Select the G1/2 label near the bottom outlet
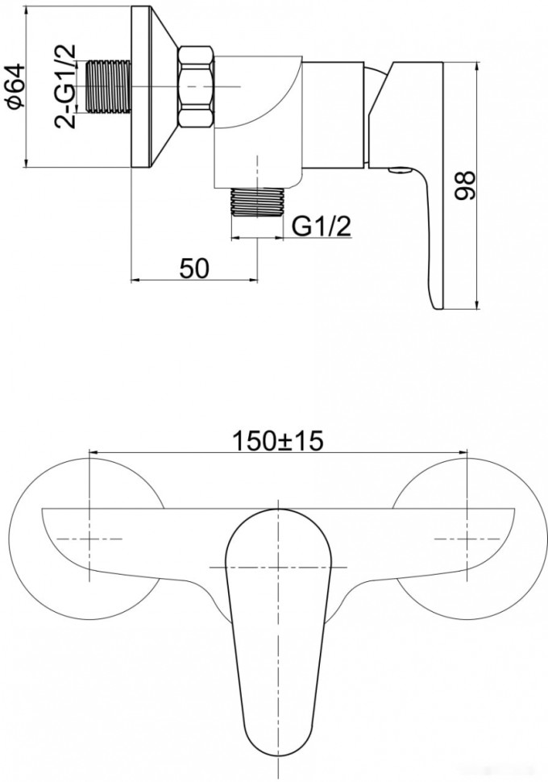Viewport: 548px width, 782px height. point(322,228)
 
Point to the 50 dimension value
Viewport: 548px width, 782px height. point(194,269)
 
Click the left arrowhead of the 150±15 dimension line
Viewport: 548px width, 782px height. point(90,451)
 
